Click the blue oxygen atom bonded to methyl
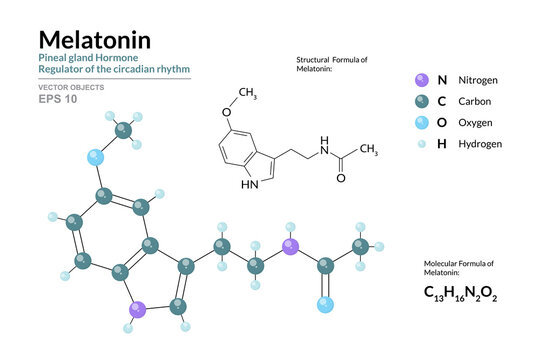96,158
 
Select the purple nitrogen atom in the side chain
291,246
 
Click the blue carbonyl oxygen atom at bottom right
325,305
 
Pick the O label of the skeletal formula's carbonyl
340,178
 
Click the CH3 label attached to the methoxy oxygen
249,95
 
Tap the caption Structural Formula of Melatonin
332,66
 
